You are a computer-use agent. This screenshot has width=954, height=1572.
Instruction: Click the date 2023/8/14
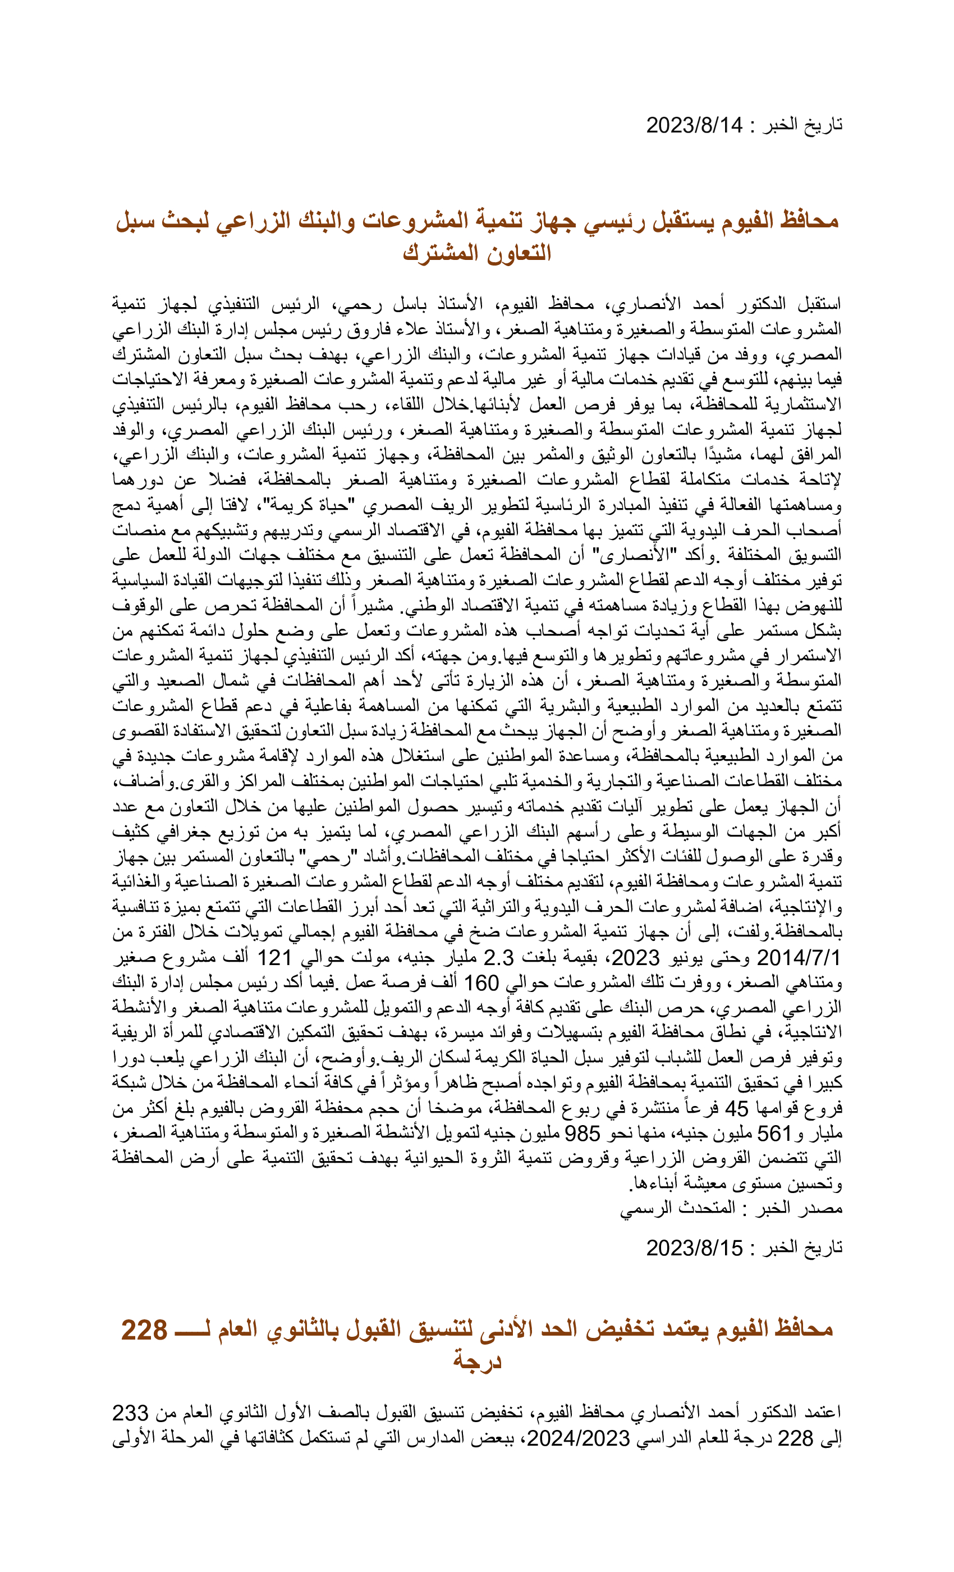coord(694,125)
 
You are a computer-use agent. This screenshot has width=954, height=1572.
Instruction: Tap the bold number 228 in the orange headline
coord(145,1330)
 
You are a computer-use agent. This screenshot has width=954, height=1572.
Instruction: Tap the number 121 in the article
coord(274,958)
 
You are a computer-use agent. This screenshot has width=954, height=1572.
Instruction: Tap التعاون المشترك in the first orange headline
coord(477,253)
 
